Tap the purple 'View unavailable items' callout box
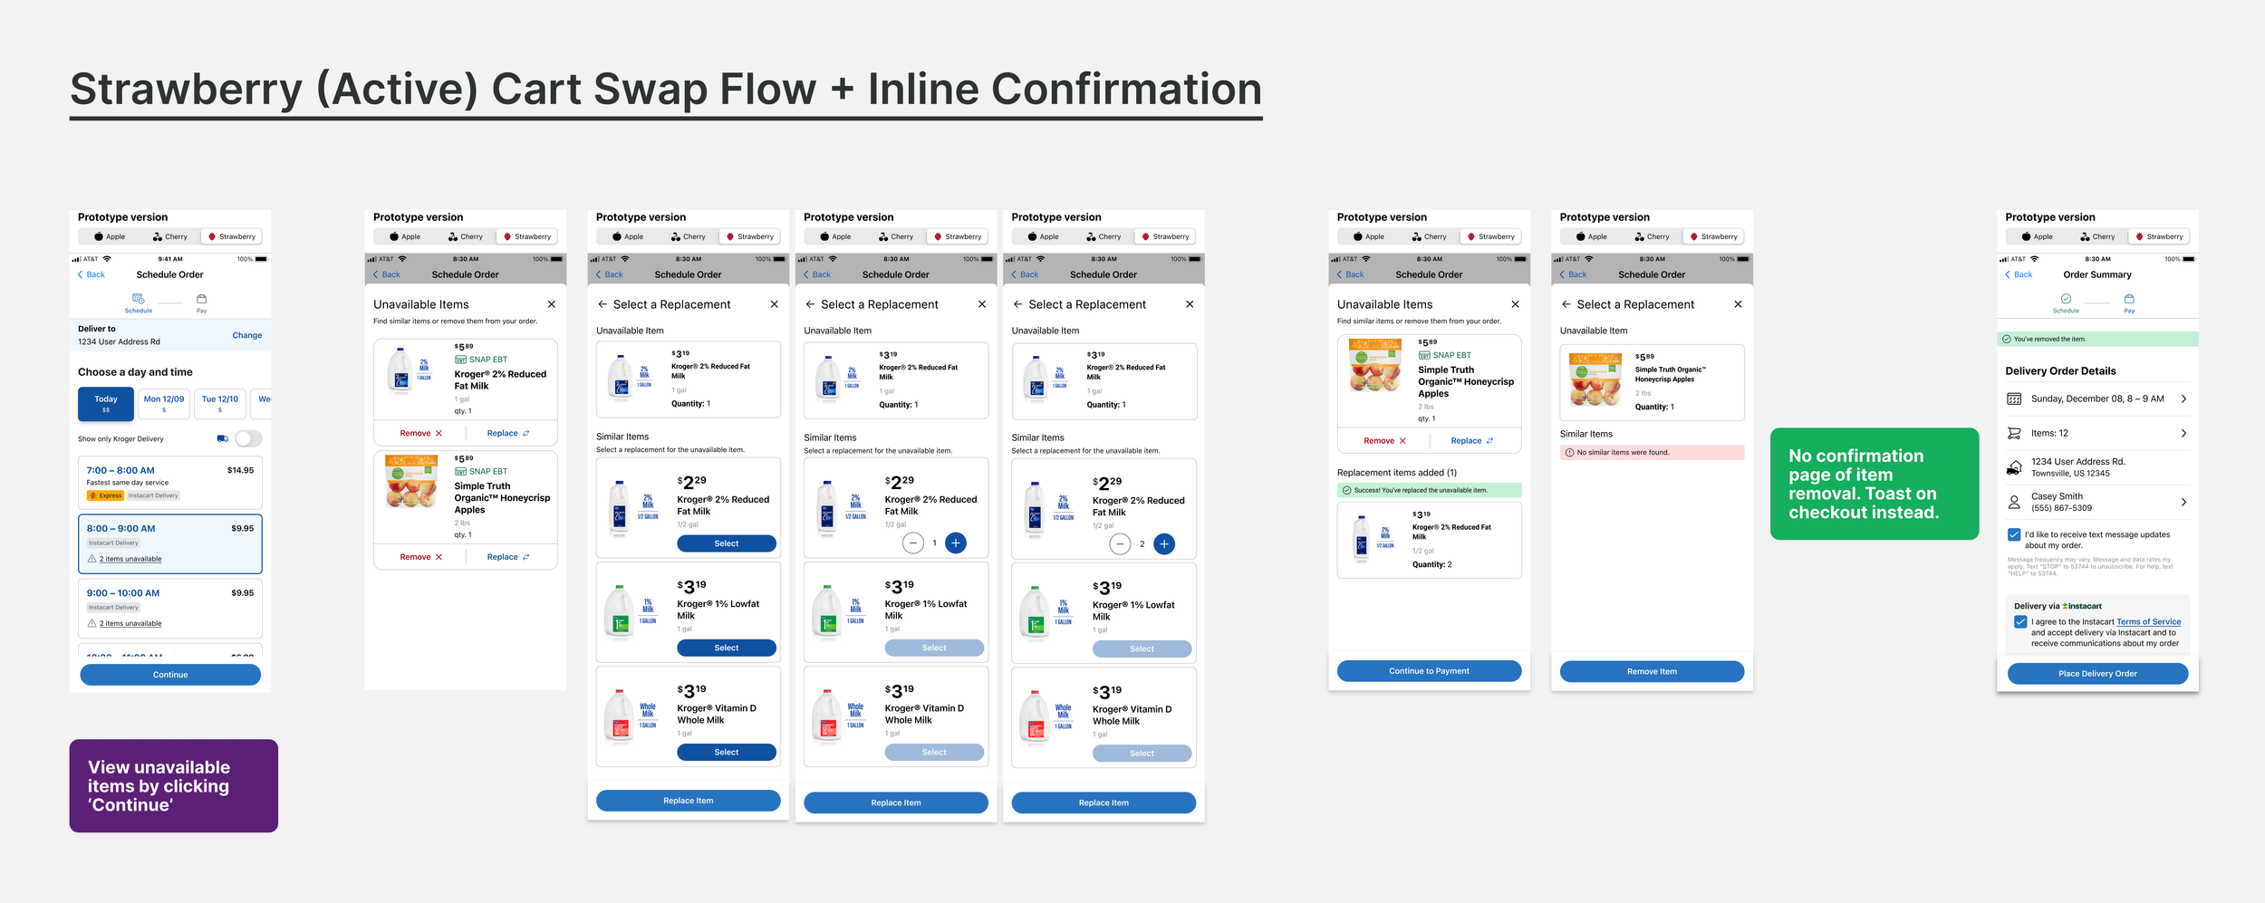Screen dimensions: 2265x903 (173, 785)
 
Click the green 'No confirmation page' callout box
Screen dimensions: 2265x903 (1874, 484)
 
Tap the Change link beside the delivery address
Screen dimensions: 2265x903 (246, 335)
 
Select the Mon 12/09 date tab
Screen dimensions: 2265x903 (164, 402)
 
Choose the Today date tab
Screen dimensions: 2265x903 (106, 403)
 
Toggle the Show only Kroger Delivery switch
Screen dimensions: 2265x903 (247, 438)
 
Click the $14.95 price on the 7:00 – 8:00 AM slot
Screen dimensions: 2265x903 (240, 470)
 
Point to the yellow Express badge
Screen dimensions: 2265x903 (106, 495)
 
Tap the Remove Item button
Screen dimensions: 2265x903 (1651, 671)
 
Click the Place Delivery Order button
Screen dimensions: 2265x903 (2096, 673)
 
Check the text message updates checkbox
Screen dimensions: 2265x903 (2013, 534)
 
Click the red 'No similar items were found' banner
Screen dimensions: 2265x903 (1651, 452)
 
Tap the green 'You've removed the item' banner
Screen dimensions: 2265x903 (2096, 339)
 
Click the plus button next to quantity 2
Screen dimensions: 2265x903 (1164, 543)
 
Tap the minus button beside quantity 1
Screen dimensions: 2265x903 (913, 543)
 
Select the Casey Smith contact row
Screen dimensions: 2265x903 (2096, 502)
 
